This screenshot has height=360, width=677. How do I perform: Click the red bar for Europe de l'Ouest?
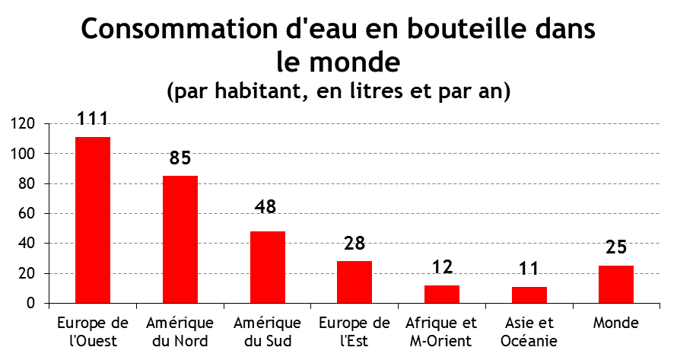point(93,220)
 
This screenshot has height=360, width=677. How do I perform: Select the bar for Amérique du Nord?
point(180,240)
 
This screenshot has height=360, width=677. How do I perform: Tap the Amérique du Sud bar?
point(268,267)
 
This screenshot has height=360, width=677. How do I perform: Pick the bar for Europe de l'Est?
point(354,282)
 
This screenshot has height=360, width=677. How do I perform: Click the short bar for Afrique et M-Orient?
point(442,295)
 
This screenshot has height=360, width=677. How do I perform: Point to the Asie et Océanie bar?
point(529,295)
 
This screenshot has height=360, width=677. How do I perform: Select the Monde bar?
point(616,285)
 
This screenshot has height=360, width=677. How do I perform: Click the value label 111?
point(92,119)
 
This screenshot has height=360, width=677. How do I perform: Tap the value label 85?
point(180,158)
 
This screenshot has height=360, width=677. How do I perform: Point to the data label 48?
point(265,206)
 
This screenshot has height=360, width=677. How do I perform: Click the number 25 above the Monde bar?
point(616,247)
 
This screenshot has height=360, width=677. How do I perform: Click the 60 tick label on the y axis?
point(27,214)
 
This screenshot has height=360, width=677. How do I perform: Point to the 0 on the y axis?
point(30,304)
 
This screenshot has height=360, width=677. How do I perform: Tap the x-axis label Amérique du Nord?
point(180,332)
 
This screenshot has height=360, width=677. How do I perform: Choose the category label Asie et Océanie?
point(529,332)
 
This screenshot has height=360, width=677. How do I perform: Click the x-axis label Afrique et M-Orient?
point(441,332)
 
